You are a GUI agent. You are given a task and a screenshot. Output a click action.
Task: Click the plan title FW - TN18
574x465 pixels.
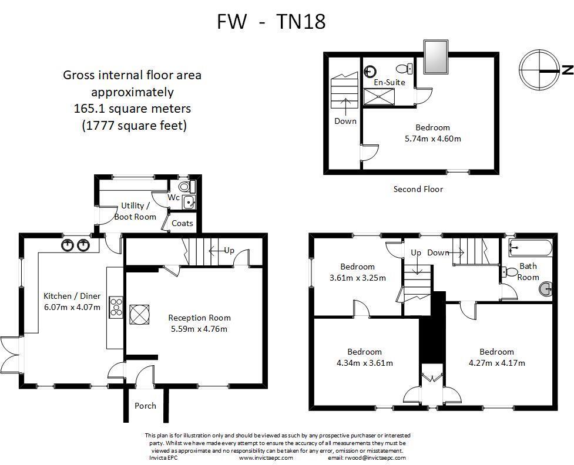271,22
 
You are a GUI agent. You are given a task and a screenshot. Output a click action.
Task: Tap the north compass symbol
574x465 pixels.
539,70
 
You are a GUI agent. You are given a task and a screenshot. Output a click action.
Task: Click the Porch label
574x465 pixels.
145,405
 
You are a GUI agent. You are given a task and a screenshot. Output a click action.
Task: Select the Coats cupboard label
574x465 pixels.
182,223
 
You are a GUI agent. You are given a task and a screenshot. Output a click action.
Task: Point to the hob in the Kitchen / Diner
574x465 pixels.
116,309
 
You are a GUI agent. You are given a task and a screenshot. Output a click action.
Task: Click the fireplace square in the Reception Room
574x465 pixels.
140,314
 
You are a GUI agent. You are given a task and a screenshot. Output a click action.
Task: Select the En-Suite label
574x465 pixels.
390,82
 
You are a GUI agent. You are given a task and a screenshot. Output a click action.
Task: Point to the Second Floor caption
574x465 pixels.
418,189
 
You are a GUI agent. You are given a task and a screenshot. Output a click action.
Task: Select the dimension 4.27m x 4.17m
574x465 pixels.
496,363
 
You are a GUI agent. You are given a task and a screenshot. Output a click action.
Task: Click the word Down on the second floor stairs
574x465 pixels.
345,121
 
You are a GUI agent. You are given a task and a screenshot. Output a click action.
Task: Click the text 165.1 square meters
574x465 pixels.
132,109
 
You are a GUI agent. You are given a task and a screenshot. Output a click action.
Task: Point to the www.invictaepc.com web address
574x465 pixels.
262,458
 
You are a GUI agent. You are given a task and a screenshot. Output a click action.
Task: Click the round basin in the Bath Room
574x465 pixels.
546,288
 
